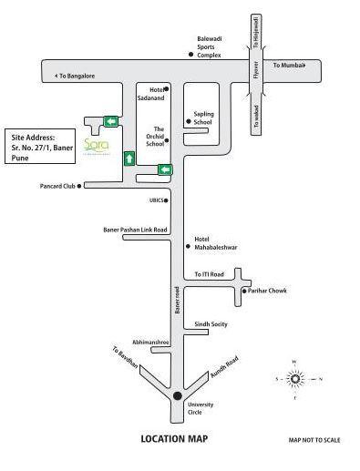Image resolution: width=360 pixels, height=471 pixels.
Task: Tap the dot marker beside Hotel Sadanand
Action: [x=166, y=89]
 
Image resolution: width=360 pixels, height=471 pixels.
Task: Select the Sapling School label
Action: [x=202, y=118]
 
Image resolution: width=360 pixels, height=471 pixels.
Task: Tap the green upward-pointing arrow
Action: [x=129, y=158]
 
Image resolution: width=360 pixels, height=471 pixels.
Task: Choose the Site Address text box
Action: [x=40, y=144]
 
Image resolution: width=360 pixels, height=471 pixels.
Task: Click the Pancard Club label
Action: [x=58, y=186]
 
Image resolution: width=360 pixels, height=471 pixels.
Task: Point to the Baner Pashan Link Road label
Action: [x=134, y=230]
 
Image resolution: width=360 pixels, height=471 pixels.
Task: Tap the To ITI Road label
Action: [x=209, y=273]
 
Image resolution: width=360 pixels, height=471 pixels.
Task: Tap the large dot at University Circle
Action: [x=176, y=394]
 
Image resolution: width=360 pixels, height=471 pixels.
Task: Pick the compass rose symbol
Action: [x=294, y=378]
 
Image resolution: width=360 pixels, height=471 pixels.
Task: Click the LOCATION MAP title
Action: [x=174, y=439]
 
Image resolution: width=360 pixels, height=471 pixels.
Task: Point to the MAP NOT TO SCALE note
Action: [x=314, y=440]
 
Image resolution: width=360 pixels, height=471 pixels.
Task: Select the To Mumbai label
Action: [x=290, y=67]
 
